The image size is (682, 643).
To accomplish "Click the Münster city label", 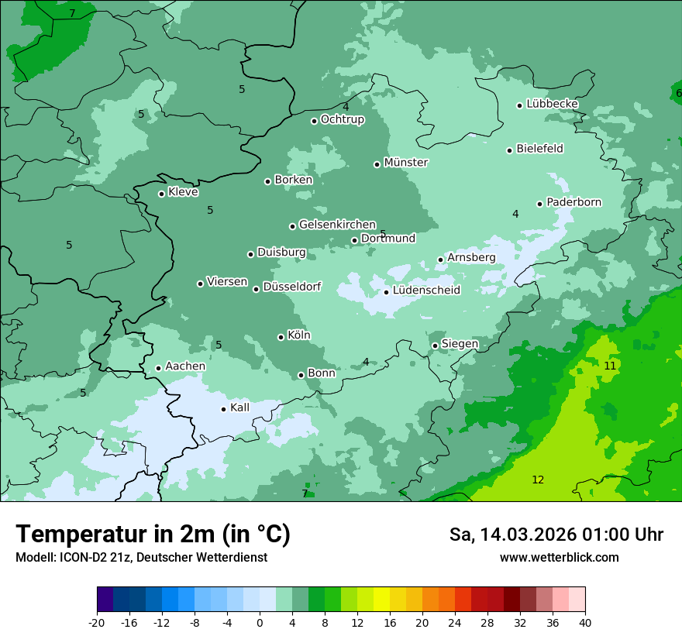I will point(406,163).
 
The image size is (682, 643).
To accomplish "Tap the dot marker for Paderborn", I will point(540,204).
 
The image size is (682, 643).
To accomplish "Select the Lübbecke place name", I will point(552,104).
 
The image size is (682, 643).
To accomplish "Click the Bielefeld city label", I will point(539,149).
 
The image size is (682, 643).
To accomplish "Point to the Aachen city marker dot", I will point(158,368).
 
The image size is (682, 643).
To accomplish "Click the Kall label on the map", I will point(240,407).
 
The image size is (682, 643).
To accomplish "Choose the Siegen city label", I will point(460,344).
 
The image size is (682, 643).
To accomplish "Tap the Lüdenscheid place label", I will point(426,291).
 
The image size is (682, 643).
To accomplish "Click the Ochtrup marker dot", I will point(315,120).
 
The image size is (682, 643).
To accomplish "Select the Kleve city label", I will point(183,192).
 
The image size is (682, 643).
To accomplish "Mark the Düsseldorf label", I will point(291,287).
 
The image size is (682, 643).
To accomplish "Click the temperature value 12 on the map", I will point(538,480).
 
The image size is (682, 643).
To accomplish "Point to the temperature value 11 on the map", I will point(610,366).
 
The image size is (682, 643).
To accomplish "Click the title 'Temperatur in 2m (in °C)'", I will point(153,535).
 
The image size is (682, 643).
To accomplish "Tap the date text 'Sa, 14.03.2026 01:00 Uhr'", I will point(556,535).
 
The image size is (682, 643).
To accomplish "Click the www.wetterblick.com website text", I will point(559,558).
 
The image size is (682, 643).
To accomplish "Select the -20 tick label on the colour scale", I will point(97,623).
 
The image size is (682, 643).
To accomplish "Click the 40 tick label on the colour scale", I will point(585,623).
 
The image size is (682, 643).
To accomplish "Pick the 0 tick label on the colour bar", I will point(260,623).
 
